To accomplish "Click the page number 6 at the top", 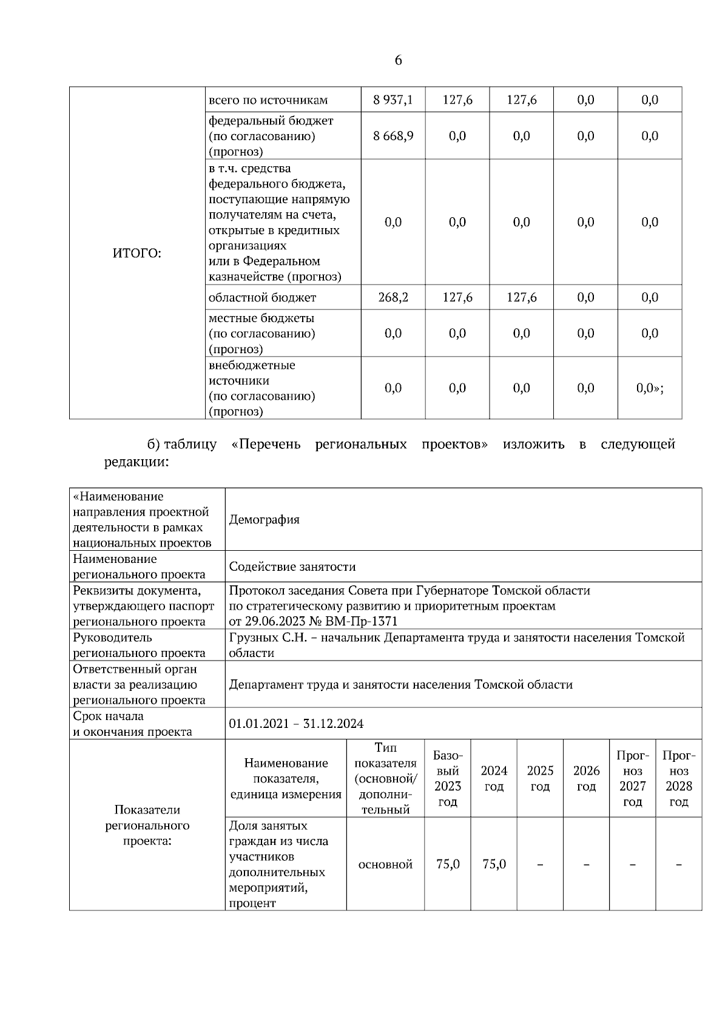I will (398, 61).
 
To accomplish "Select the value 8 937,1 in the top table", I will (393, 100).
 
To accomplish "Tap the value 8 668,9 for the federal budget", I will (393, 136).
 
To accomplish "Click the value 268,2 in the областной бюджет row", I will (393, 297).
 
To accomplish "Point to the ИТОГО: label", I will (137, 254).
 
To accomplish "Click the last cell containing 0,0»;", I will (650, 388).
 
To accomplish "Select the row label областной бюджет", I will (262, 297).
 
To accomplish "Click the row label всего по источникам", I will (268, 100).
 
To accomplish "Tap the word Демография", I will (264, 520).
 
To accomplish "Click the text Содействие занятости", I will (292, 567).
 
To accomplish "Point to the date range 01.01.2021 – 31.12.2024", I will (296, 724).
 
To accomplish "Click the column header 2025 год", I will (540, 778).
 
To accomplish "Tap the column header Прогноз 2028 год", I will (679, 778).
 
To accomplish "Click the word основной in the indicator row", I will (385, 864).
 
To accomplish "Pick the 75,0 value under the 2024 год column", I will (494, 864).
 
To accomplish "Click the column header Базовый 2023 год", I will (448, 778).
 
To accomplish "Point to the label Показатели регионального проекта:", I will (147, 825).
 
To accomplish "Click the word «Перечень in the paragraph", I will (266, 445).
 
